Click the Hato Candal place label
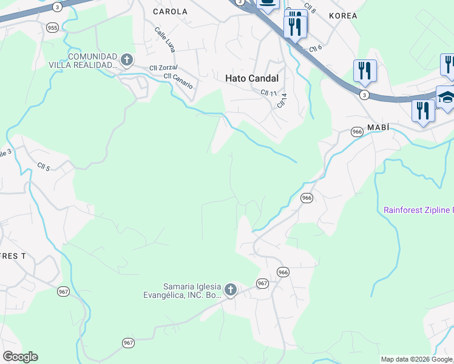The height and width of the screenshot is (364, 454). (251, 78)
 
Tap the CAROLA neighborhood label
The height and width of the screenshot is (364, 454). (170, 12)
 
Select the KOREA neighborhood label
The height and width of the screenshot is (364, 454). (342, 15)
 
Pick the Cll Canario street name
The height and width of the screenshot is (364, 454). (178, 81)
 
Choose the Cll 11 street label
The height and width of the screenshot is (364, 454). (268, 93)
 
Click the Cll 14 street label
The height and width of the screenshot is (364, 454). (281, 99)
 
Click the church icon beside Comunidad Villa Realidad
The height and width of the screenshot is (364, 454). (126, 59)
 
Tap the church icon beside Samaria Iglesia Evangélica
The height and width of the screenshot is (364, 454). (230, 290)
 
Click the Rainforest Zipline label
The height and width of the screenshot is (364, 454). (418, 211)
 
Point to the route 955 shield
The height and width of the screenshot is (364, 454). (52, 28)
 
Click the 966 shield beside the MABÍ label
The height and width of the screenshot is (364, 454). (357, 132)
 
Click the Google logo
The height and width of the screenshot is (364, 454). (20, 357)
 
